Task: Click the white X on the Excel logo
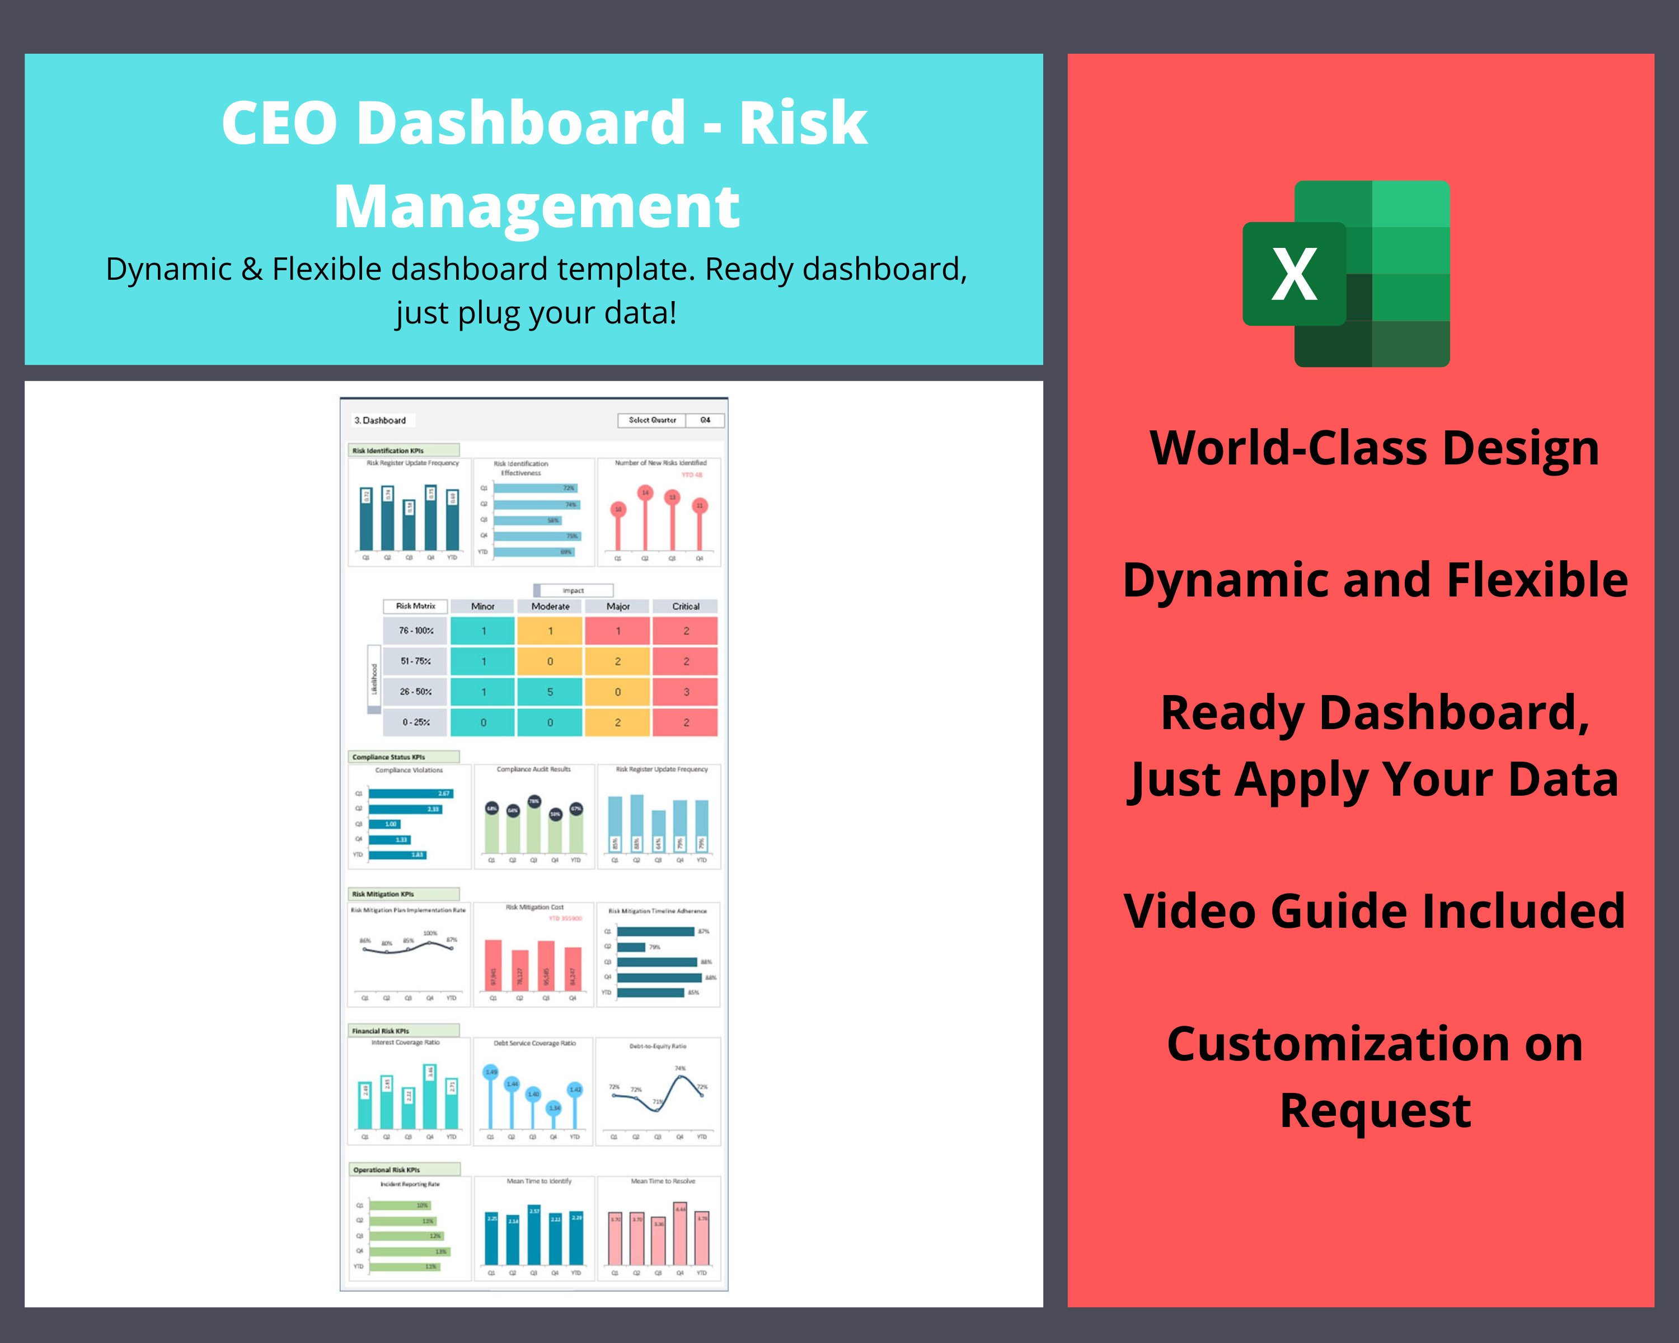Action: click(1295, 274)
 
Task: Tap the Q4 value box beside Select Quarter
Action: click(705, 420)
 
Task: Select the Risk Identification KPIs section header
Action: click(404, 450)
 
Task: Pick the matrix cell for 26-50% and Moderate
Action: click(550, 691)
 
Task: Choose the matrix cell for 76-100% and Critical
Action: click(685, 631)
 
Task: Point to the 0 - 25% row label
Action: click(416, 722)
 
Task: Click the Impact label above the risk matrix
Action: click(573, 590)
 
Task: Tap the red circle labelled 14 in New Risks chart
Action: click(645, 492)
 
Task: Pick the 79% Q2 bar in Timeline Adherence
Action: click(631, 947)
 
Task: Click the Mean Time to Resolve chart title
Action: click(663, 1181)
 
